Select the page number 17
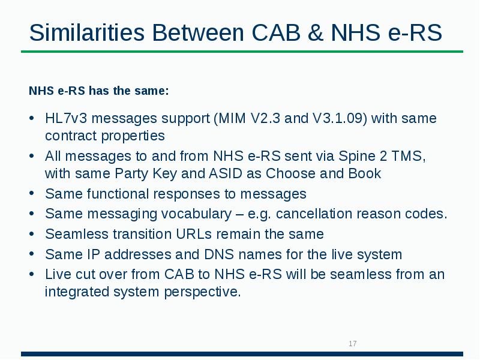click(x=352, y=344)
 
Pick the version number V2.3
click(x=263, y=118)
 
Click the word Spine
click(x=356, y=156)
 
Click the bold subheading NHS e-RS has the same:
click(x=99, y=91)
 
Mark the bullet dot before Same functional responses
click(x=32, y=194)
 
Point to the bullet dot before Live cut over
click(x=32, y=274)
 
